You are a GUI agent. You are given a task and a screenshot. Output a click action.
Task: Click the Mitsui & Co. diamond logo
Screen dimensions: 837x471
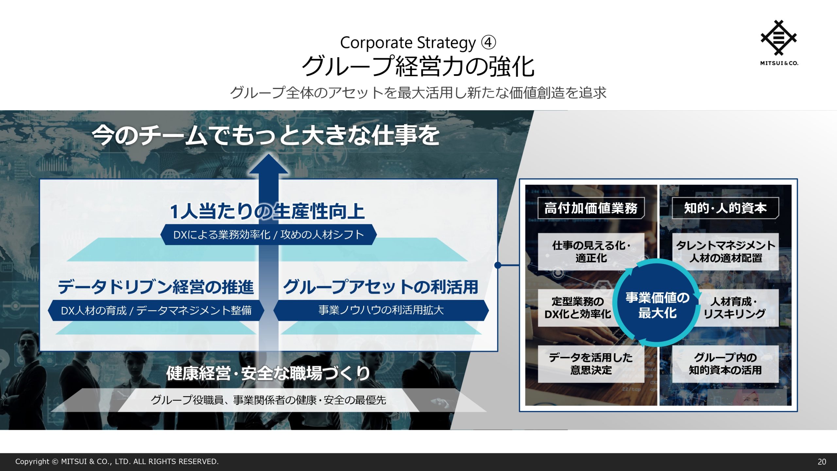pyautogui.click(x=778, y=38)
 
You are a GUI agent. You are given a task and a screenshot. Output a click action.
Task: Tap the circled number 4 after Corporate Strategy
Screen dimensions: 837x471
pyautogui.click(x=488, y=43)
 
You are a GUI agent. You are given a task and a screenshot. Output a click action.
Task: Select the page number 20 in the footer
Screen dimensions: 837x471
pyautogui.click(x=822, y=462)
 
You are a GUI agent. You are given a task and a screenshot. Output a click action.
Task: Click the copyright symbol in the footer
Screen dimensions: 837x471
pyautogui.click(x=55, y=462)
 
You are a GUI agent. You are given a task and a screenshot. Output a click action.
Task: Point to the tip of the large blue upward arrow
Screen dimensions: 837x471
pyautogui.click(x=268, y=154)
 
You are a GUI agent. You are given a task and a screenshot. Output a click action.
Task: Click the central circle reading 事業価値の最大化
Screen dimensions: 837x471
pyautogui.click(x=657, y=303)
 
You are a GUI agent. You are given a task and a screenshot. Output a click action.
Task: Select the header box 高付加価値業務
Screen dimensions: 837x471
pyautogui.click(x=591, y=208)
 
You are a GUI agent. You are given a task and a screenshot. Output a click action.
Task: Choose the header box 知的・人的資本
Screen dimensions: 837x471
pyautogui.click(x=725, y=208)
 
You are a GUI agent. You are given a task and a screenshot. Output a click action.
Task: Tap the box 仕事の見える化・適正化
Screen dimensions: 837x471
pyautogui.click(x=591, y=252)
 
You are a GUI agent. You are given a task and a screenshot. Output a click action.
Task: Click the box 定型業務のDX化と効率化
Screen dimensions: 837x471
pyautogui.click(x=577, y=308)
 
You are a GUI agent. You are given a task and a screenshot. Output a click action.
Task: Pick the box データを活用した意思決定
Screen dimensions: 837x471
pyautogui.click(x=591, y=364)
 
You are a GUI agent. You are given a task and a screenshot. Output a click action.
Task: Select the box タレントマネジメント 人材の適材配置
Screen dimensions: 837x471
pyautogui.click(x=725, y=252)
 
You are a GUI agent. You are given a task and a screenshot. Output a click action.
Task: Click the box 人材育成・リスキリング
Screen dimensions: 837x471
pyautogui.click(x=737, y=308)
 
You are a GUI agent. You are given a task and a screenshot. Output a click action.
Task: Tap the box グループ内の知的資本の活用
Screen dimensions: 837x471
pyautogui.click(x=725, y=364)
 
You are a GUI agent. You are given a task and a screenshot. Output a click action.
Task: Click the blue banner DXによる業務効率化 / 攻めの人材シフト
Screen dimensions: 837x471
pyautogui.click(x=268, y=235)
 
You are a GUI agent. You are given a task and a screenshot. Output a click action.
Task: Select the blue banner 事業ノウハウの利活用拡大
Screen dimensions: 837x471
pyautogui.click(x=381, y=310)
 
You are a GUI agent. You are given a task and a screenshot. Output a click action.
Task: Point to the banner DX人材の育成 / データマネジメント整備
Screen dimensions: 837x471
pyautogui.click(x=156, y=310)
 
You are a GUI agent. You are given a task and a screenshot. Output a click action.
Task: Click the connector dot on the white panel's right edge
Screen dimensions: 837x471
pyautogui.click(x=498, y=265)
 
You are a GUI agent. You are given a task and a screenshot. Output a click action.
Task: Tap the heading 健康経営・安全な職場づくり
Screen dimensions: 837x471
pyautogui.click(x=268, y=373)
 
